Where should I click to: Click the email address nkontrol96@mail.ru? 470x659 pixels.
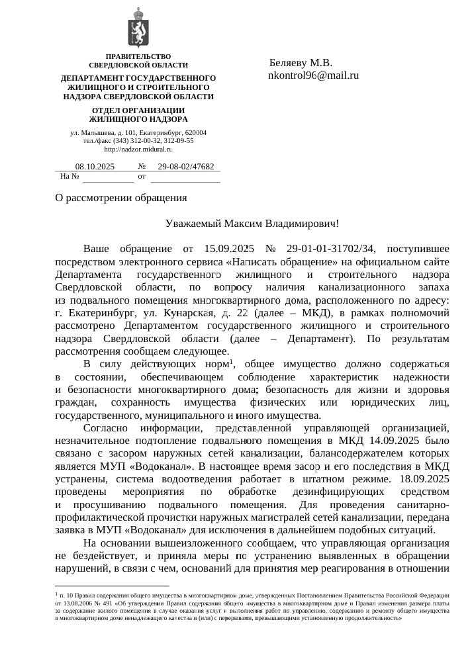313,75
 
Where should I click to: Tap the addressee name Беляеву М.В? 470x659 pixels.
301,63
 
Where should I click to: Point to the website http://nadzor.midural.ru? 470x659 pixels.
138,151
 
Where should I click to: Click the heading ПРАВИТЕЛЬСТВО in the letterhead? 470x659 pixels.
138,56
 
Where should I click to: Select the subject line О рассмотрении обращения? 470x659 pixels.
120,198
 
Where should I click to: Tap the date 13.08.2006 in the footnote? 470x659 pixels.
80,604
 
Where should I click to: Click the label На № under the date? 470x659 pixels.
70,177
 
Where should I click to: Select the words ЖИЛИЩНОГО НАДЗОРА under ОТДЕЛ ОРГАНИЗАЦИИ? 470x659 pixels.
138,119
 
